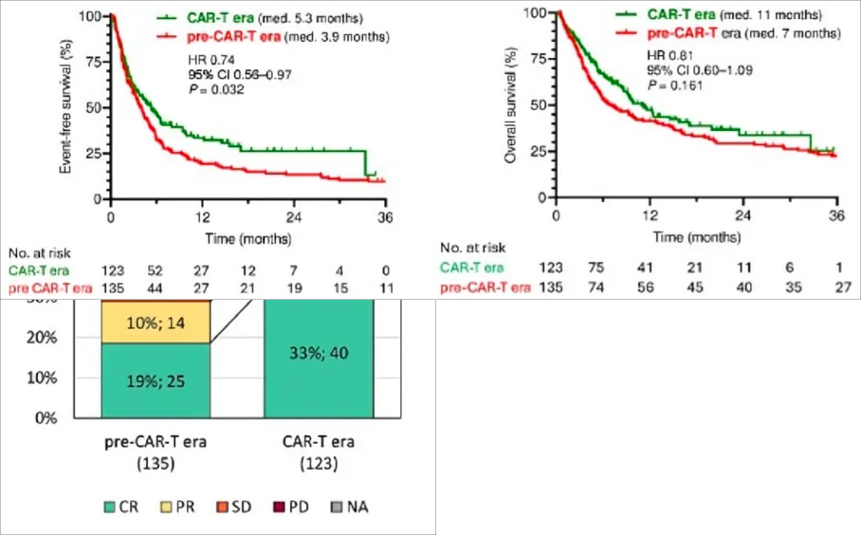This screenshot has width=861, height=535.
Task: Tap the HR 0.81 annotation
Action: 664,56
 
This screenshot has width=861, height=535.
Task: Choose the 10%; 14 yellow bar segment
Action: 155,322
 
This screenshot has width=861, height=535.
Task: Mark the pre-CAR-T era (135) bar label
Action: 156,452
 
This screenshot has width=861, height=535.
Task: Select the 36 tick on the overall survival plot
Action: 836,215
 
